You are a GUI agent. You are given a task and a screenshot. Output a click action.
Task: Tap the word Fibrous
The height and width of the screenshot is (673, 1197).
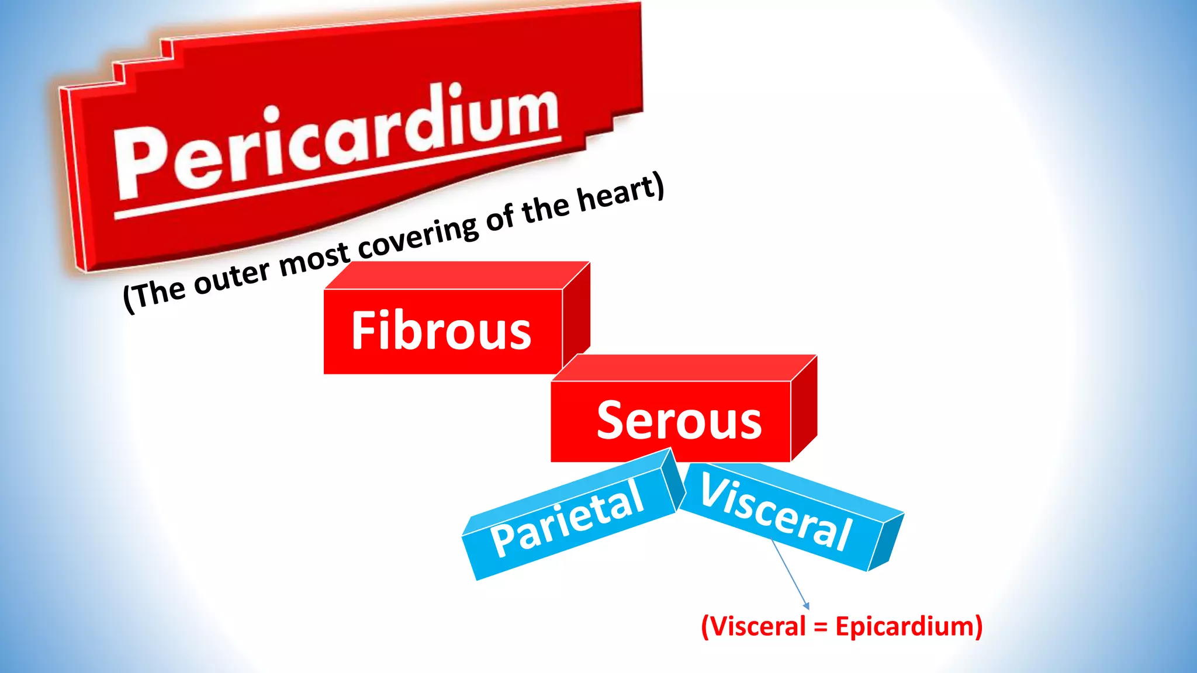pyautogui.click(x=441, y=331)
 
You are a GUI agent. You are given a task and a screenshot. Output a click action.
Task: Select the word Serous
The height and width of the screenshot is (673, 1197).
pyautogui.click(x=679, y=421)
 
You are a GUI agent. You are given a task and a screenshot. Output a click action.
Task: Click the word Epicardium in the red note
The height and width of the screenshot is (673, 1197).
pyautogui.click(x=909, y=626)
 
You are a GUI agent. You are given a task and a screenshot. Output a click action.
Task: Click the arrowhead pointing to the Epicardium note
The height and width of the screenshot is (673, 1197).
pyautogui.click(x=807, y=606)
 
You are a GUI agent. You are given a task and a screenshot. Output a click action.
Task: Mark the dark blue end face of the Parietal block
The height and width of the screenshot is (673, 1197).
pyautogui.click(x=674, y=482)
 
